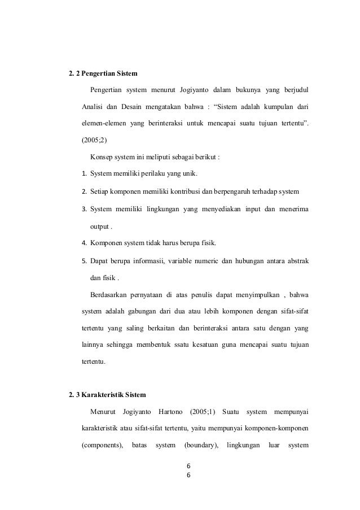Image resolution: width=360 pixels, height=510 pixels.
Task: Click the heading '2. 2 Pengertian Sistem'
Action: (102, 73)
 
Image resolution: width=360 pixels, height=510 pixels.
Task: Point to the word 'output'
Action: (99, 227)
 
